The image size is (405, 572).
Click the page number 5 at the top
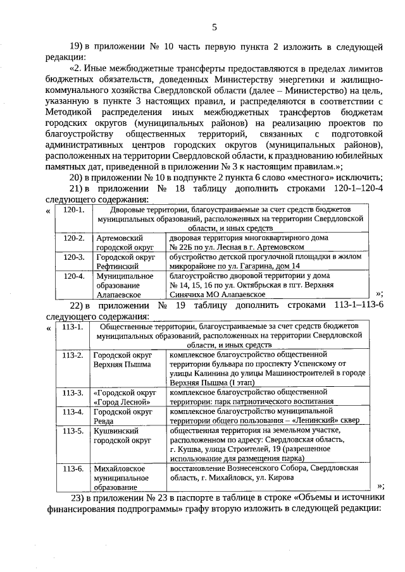coord(215,27)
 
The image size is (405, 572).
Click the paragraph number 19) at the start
coord(77,46)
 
